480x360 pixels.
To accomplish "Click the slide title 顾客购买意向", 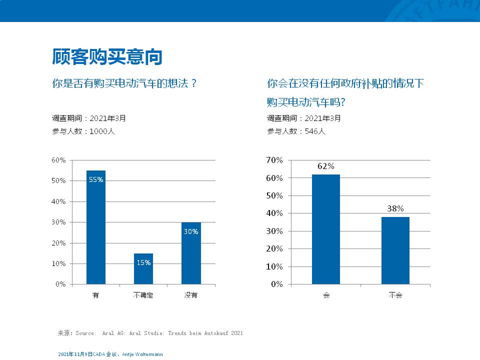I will [107, 56].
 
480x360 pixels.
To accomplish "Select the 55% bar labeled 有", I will [96, 230].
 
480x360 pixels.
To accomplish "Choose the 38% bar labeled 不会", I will [395, 250].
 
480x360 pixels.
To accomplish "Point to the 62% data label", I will [326, 166].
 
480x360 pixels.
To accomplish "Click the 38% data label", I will [395, 209].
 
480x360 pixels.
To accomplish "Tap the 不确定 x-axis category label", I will [143, 295].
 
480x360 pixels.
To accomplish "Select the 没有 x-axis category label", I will [191, 295].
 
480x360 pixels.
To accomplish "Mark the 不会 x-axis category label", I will [395, 295].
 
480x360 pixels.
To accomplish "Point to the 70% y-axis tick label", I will [274, 160].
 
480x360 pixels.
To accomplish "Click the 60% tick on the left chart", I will [58, 160].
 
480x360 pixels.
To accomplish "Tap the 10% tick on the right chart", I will [274, 266].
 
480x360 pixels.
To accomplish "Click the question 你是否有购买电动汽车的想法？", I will [124, 83].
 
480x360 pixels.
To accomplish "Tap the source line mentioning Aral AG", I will [150, 333].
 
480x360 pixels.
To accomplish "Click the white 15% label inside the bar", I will [143, 262].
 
